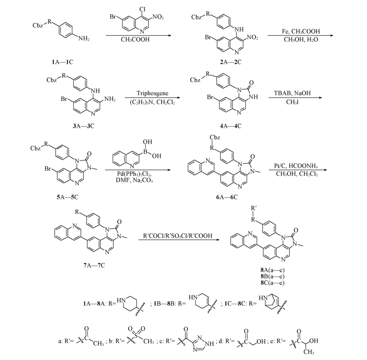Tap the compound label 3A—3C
pyautogui.click(x=84, y=126)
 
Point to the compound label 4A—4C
pyautogui.click(x=230, y=126)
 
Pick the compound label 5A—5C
pyautogui.click(x=67, y=197)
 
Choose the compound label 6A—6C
pyautogui.click(x=227, y=197)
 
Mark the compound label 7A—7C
pyautogui.click(x=94, y=266)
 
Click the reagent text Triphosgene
pyautogui.click(x=153, y=93)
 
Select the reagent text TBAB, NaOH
pyautogui.click(x=292, y=93)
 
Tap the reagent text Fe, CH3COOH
pyautogui.click(x=301, y=31)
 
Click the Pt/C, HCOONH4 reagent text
pyautogui.click(x=296, y=166)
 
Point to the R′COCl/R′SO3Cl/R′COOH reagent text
pyautogui.click(x=178, y=236)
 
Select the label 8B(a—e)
pyautogui.click(x=273, y=277)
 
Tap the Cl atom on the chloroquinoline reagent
pyautogui.click(x=142, y=9)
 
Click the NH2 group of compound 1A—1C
pyautogui.click(x=84, y=38)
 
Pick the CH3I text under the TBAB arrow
pyautogui.click(x=292, y=102)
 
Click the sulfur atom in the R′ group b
pyautogui.click(x=136, y=335)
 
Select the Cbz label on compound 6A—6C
pyautogui.click(x=215, y=137)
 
